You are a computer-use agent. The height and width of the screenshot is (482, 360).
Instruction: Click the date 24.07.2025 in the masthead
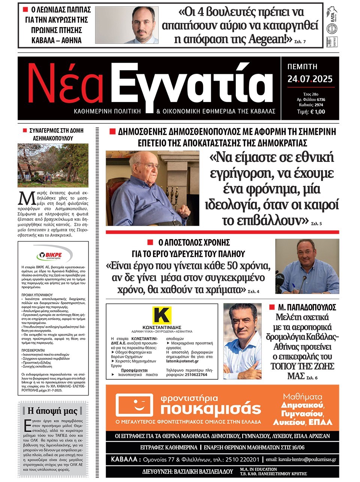coord(310,79)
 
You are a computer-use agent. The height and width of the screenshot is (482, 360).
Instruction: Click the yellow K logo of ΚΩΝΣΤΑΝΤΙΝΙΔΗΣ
coord(162,315)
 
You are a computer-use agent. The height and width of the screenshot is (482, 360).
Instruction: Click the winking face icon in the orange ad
coord(134,406)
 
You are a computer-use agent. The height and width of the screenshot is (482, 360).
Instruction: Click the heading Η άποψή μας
coord(52,411)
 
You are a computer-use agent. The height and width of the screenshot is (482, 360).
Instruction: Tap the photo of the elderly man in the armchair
coord(152,188)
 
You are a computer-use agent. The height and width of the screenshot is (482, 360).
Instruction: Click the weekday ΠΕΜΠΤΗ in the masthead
coord(302,67)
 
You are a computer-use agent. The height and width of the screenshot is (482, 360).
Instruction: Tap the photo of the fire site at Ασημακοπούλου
coord(53,165)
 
